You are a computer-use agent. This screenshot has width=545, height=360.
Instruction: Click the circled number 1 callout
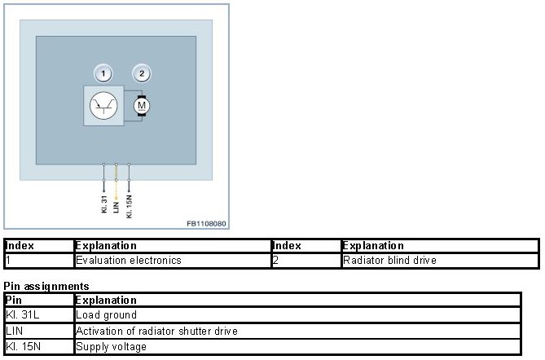pyautogui.click(x=103, y=74)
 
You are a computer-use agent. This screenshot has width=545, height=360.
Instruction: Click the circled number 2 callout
pyautogui.click(x=142, y=74)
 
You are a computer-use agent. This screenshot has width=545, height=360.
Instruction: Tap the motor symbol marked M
pyautogui.click(x=141, y=105)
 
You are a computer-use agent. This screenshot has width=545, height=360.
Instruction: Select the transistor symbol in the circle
pyautogui.click(x=103, y=105)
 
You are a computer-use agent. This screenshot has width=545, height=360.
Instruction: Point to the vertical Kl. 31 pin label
pyautogui.click(x=104, y=204)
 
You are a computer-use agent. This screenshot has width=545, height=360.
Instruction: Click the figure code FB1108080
pyautogui.click(x=206, y=222)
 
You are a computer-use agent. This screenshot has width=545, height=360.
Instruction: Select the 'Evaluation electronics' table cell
pyautogui.click(x=128, y=261)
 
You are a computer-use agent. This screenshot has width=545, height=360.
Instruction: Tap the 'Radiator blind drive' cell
pyautogui.click(x=389, y=261)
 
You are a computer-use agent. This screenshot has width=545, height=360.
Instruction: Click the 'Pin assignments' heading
pyautogui.click(x=46, y=286)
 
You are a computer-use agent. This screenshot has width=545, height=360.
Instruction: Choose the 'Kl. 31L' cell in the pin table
pyautogui.click(x=21, y=314)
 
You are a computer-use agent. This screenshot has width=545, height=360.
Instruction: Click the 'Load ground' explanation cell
pyautogui.click(x=106, y=314)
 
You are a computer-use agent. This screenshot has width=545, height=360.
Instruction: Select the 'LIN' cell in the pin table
pyautogui.click(x=14, y=331)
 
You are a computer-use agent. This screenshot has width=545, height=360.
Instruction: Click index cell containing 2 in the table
pyautogui.click(x=275, y=261)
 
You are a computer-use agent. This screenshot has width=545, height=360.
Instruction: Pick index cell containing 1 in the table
pyautogui.click(x=8, y=261)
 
